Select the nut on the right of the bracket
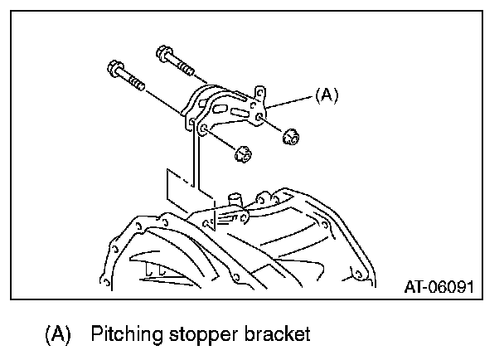[x=291, y=136]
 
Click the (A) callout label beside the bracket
[x=327, y=96]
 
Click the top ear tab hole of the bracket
[x=259, y=90]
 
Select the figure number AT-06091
[x=438, y=287]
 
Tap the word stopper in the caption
[x=208, y=334]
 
